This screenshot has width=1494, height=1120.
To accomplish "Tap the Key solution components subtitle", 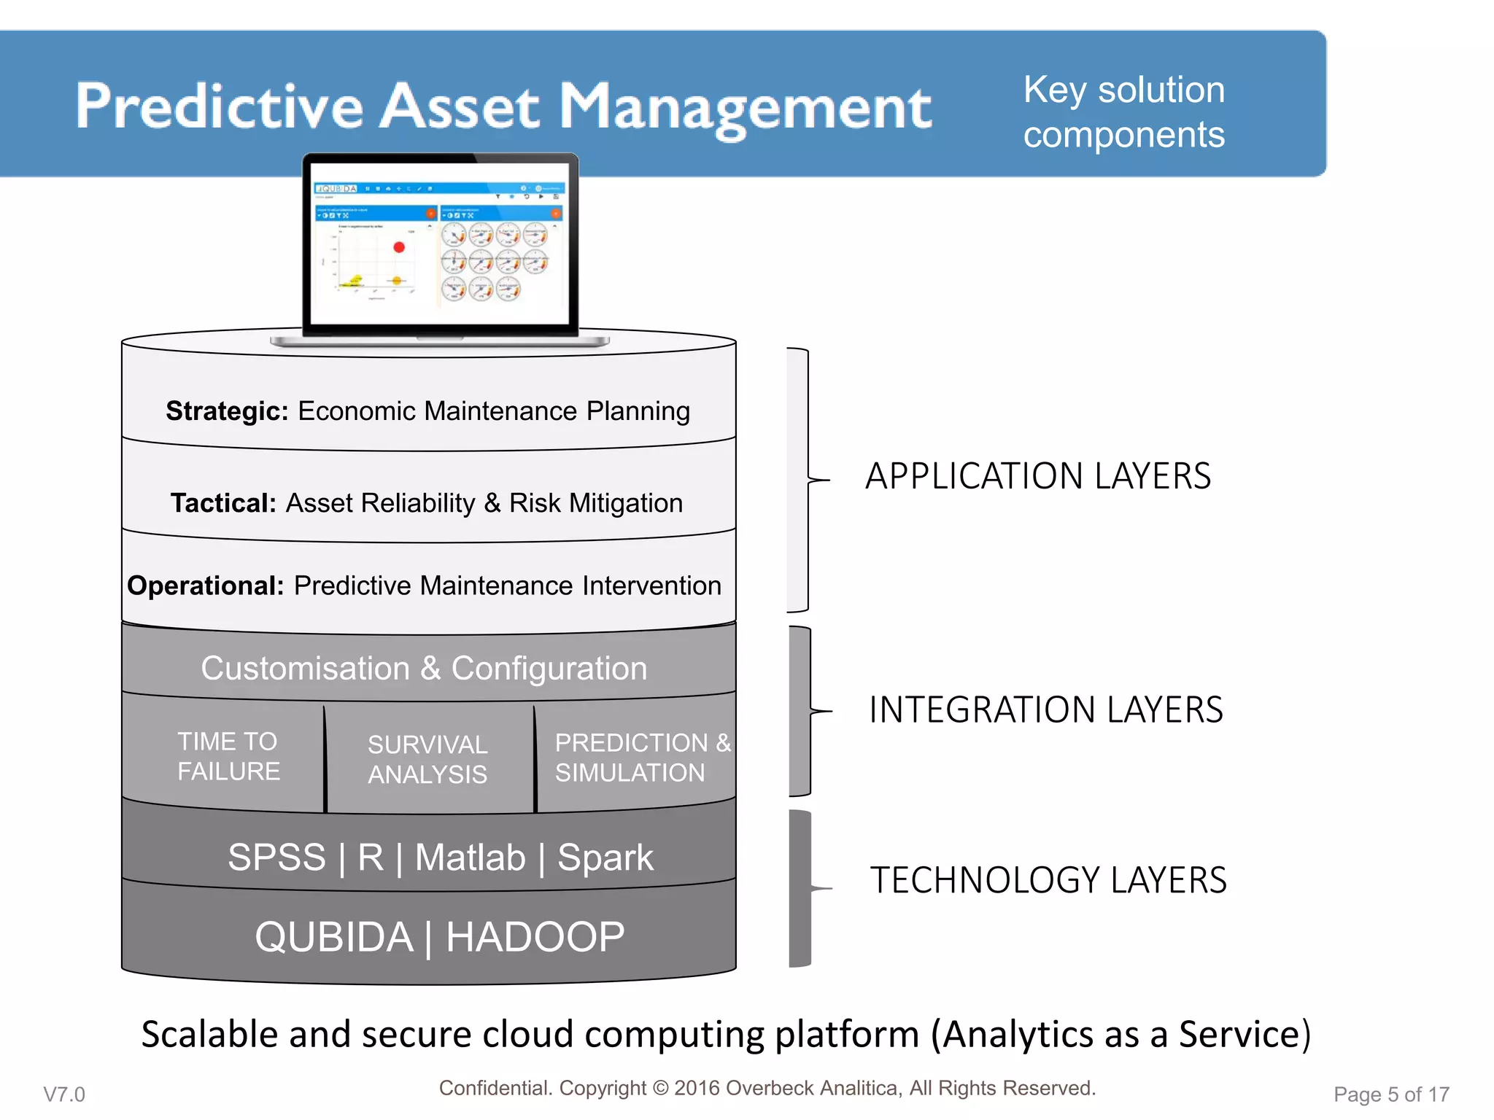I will (x=1123, y=112).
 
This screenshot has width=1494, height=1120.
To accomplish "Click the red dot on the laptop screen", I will (x=398, y=247).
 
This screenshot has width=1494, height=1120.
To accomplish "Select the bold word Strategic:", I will (x=228, y=411).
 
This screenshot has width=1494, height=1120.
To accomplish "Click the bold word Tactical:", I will (x=223, y=503).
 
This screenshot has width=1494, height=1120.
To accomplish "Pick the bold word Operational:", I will (x=205, y=586).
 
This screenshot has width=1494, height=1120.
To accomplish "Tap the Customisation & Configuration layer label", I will (x=424, y=669).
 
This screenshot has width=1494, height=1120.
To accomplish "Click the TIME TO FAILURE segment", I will (x=228, y=756).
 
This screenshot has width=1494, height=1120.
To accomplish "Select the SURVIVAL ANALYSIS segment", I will (x=427, y=759).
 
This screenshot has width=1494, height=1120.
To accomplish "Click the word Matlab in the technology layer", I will (x=470, y=857).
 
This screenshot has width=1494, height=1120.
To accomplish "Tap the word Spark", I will (x=605, y=857).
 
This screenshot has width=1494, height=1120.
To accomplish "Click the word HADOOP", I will (x=535, y=937).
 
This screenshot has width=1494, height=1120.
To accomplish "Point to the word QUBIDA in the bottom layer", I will (x=334, y=937).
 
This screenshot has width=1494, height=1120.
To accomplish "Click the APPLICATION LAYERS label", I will (x=1037, y=476).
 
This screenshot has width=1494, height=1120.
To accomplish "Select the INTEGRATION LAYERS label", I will (x=1045, y=710).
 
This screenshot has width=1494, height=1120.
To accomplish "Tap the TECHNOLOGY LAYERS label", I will (x=1048, y=880).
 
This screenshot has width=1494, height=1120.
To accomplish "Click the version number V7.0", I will (x=64, y=1094).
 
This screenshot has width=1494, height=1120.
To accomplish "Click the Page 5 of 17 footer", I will (x=1390, y=1094).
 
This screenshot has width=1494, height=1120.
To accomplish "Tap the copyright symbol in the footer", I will (x=660, y=1088).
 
